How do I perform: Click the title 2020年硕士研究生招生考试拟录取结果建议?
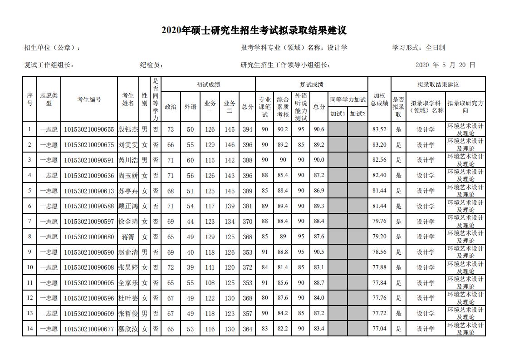click(254, 31)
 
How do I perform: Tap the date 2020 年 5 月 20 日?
click(445, 65)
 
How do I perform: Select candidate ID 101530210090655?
click(89, 129)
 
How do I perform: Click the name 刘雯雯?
click(128, 145)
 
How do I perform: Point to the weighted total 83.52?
click(379, 129)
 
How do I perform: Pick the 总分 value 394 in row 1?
click(247, 129)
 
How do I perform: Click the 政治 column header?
click(171, 107)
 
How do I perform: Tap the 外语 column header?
click(190, 107)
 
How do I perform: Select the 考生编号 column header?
click(89, 99)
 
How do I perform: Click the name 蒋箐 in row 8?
click(128, 237)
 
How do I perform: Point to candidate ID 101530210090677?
click(89, 328)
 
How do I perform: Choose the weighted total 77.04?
click(379, 328)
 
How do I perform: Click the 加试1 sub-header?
click(338, 114)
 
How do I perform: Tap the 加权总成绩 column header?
click(379, 99)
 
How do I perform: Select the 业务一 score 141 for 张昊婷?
click(210, 267)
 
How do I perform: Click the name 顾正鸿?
click(128, 206)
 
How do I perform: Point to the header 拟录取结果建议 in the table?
click(438, 84)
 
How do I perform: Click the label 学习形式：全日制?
click(418, 48)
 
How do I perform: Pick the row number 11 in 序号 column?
click(29, 283)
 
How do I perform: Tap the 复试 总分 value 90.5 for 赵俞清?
click(318, 252)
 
